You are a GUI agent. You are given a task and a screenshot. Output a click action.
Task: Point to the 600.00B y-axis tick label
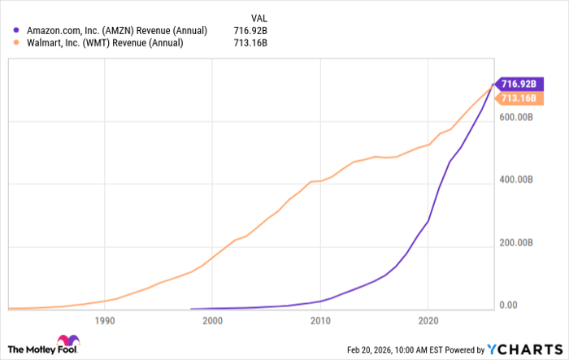coord(518,117)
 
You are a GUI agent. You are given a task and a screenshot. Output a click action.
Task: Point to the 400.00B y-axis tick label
coord(518,180)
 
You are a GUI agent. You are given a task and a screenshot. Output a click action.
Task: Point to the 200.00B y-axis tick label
coord(518,243)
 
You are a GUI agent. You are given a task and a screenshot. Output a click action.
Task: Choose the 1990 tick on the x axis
coord(104,321)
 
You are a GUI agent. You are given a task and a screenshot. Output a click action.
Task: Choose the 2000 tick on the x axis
coord(212,321)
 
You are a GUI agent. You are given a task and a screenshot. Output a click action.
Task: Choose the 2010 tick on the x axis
coord(320,321)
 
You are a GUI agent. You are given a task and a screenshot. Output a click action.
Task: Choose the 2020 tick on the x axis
coord(428,321)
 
